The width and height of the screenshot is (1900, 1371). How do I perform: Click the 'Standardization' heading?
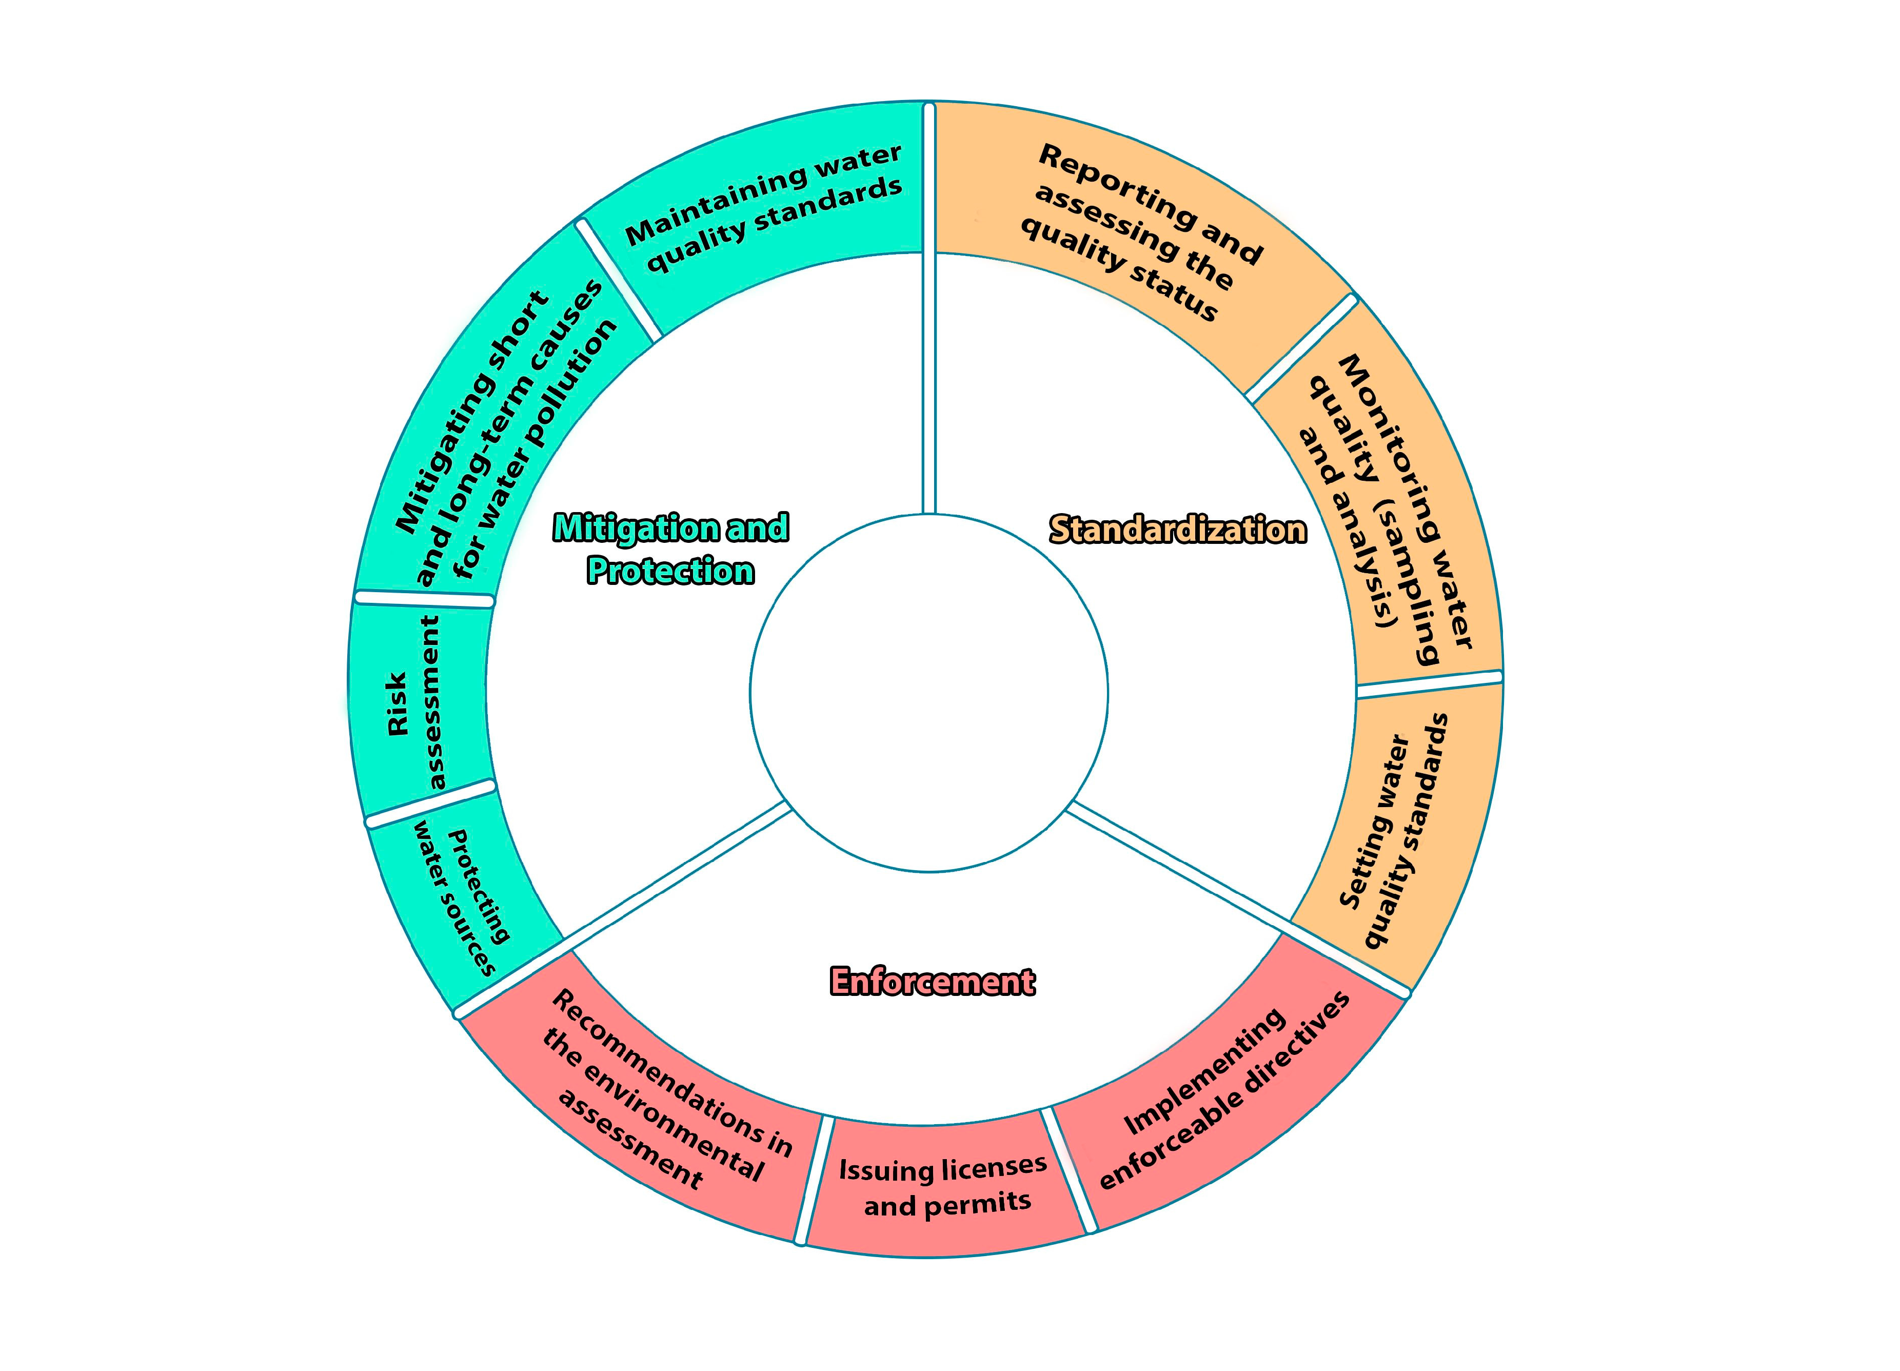pos(1177,530)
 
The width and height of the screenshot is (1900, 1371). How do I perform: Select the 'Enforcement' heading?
pos(932,981)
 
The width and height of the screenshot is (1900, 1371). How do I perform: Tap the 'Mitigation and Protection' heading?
pos(670,549)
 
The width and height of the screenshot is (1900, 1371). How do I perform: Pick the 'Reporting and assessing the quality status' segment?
pos(1139,234)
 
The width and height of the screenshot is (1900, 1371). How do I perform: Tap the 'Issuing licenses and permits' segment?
pos(942,1186)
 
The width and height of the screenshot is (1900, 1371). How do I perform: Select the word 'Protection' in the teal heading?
pos(670,572)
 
